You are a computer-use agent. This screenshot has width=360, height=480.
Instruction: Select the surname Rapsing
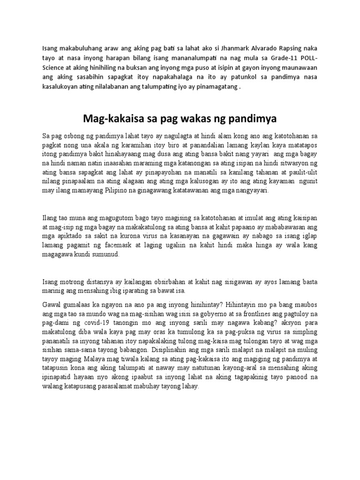(x=288, y=47)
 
